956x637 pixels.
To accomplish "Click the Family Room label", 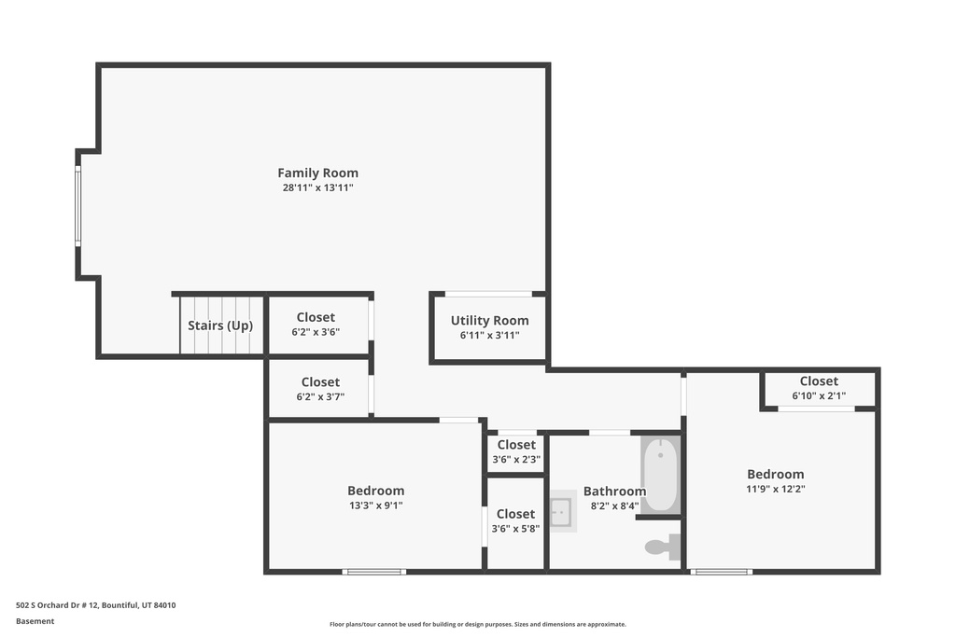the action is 317,173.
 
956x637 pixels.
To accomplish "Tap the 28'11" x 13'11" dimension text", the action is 317,187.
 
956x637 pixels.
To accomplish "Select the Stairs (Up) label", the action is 220,325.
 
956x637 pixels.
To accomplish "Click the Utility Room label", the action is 489,321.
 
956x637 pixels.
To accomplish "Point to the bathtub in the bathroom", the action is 660,474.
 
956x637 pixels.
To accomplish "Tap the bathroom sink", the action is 563,511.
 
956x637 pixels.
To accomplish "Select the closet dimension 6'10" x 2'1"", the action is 819,395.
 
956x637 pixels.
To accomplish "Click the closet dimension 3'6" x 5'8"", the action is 515,529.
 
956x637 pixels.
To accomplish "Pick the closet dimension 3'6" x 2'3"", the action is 516,459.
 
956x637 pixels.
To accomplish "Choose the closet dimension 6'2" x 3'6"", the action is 316,332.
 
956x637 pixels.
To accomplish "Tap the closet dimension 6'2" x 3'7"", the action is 321,397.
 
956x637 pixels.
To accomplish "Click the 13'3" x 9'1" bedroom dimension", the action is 375,505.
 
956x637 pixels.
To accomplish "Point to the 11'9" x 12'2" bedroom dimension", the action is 776,489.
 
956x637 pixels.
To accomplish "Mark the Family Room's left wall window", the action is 78,206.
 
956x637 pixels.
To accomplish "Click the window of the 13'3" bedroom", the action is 374,572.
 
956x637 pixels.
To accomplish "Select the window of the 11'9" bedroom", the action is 722,572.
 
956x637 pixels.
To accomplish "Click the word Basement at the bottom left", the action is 35,621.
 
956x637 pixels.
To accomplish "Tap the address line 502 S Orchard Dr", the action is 96,605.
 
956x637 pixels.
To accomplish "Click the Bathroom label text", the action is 614,492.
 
